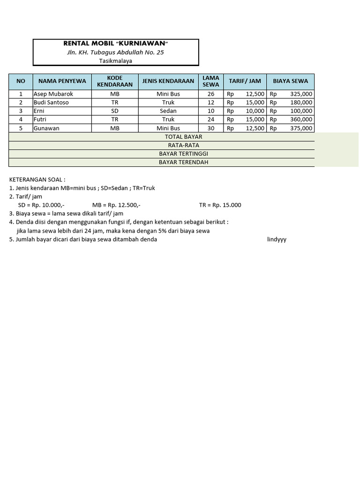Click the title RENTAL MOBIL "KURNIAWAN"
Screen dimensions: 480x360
click(116, 44)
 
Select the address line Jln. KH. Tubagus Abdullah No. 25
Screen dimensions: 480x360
click(116, 52)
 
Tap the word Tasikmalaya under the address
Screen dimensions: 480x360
click(116, 60)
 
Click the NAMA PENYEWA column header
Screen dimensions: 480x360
click(62, 81)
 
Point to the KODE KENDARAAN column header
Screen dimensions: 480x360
click(115, 81)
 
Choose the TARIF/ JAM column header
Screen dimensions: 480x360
click(245, 81)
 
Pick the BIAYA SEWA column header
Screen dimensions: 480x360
click(291, 81)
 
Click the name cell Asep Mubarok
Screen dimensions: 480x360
click(53, 94)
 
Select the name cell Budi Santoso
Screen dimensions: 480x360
click(51, 102)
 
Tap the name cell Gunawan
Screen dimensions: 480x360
click(46, 128)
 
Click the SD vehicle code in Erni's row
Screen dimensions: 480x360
click(115, 111)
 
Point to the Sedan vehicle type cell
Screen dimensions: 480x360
click(168, 111)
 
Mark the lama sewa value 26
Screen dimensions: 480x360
click(211, 94)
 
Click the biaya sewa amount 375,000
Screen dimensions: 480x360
click(301, 128)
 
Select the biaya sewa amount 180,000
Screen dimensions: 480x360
click(301, 102)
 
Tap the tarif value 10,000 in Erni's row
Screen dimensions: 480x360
click(255, 111)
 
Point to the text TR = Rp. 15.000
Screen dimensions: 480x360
click(220, 205)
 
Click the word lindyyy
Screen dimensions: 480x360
click(277, 240)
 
